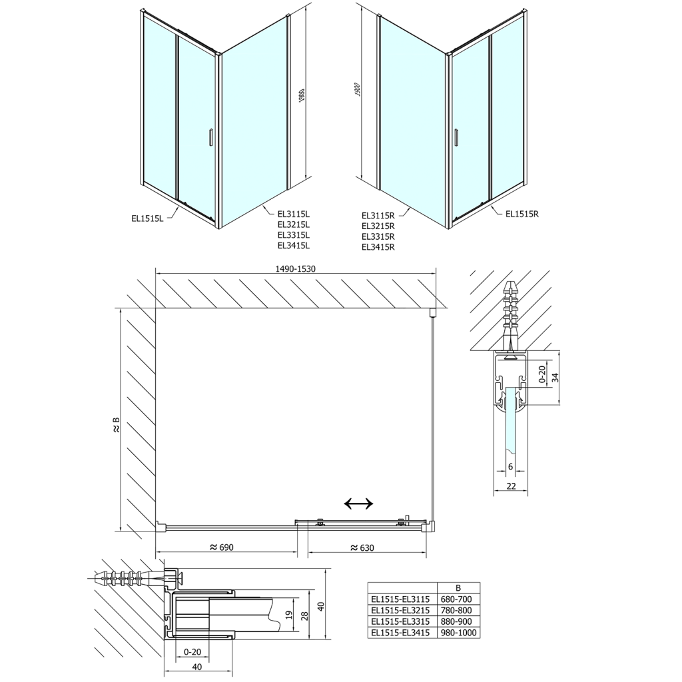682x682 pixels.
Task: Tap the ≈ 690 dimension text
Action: [221, 547]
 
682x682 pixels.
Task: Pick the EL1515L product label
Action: [148, 216]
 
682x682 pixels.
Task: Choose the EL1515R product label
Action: [521, 214]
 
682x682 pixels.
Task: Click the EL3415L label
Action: [294, 246]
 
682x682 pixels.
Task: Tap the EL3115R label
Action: [378, 215]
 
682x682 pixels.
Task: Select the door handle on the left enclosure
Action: [210, 137]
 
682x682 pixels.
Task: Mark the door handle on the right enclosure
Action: [456, 137]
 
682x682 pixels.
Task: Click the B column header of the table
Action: [457, 587]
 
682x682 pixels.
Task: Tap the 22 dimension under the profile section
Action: [511, 486]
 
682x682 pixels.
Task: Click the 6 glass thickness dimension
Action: [510, 466]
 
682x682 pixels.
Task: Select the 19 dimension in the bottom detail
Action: [288, 614]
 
